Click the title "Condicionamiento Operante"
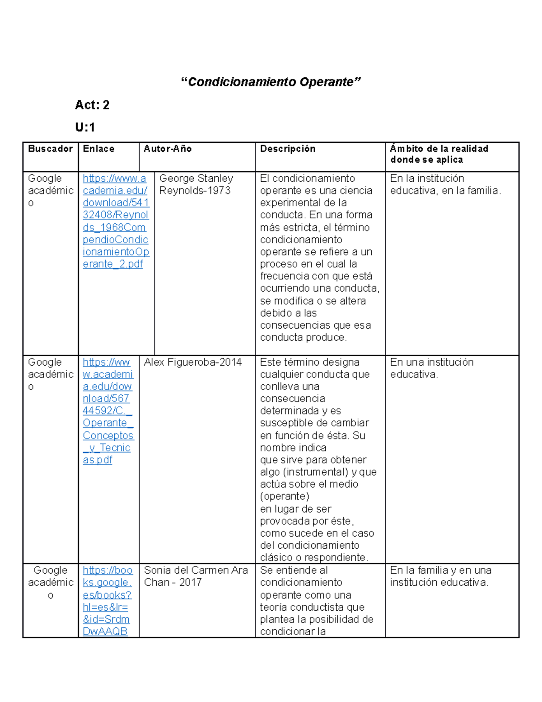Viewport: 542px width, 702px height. click(271, 82)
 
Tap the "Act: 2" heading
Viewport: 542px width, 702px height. click(92, 105)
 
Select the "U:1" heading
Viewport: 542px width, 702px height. click(85, 127)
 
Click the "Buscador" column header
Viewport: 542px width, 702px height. click(50, 149)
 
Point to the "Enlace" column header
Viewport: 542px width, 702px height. click(98, 149)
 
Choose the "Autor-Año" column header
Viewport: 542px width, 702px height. click(168, 149)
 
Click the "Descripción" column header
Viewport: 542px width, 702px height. click(288, 149)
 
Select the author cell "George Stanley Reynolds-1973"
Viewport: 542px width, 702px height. click(196, 184)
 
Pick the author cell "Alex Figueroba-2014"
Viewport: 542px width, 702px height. click(193, 362)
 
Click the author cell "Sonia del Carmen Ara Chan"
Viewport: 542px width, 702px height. click(196, 576)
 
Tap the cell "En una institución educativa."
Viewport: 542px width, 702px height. click(431, 368)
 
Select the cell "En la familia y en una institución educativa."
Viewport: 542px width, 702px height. click(440, 576)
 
